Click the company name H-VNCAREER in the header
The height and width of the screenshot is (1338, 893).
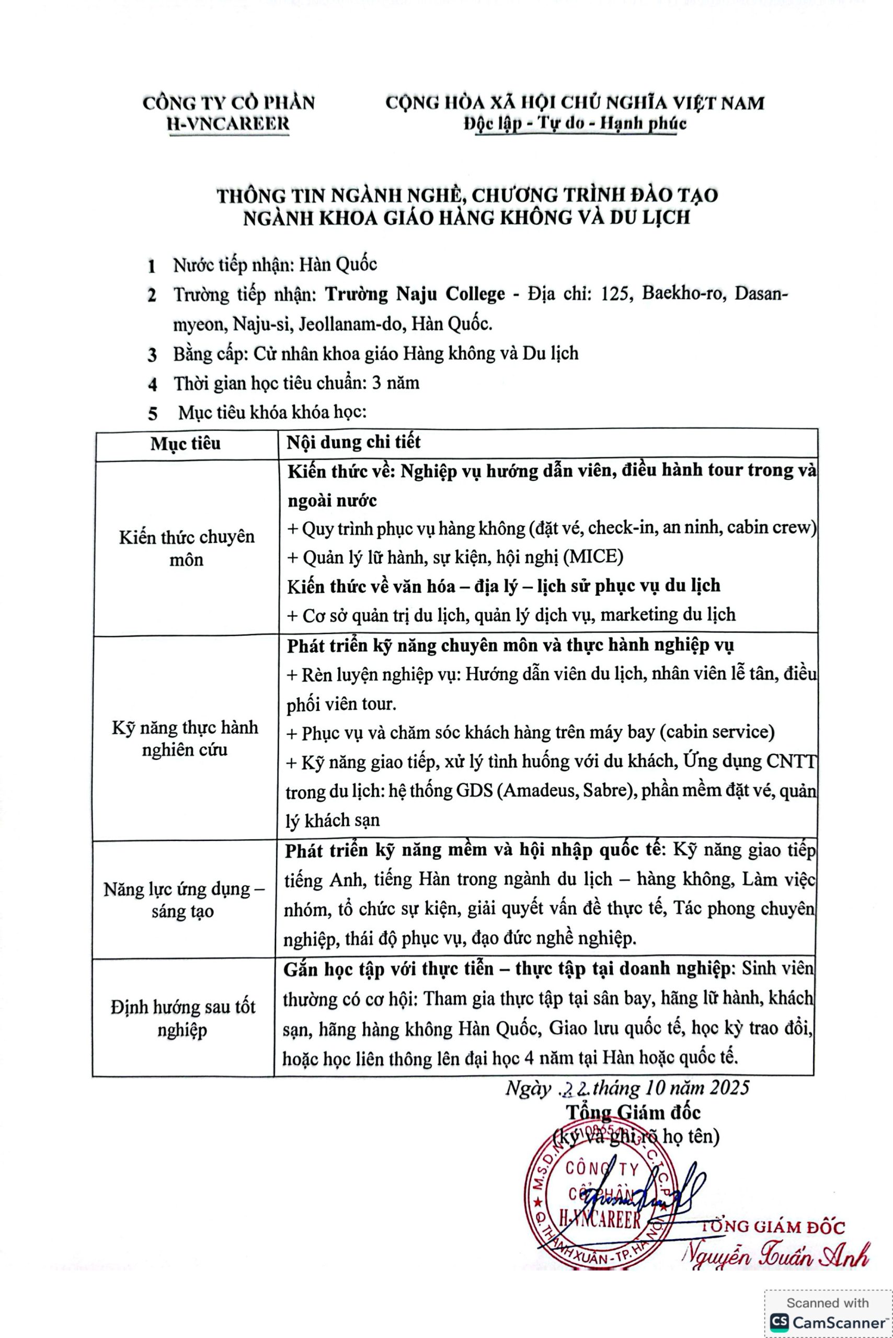(227, 123)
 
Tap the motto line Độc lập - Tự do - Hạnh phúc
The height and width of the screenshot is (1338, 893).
(575, 123)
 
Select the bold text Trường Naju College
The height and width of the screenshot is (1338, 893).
(415, 294)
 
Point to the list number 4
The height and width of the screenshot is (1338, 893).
(152, 384)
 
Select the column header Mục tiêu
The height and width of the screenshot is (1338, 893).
(185, 444)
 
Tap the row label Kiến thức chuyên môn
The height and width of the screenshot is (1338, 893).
(186, 548)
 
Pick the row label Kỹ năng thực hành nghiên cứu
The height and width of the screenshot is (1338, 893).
(185, 738)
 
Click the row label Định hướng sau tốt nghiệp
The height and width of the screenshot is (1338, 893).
(183, 1018)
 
